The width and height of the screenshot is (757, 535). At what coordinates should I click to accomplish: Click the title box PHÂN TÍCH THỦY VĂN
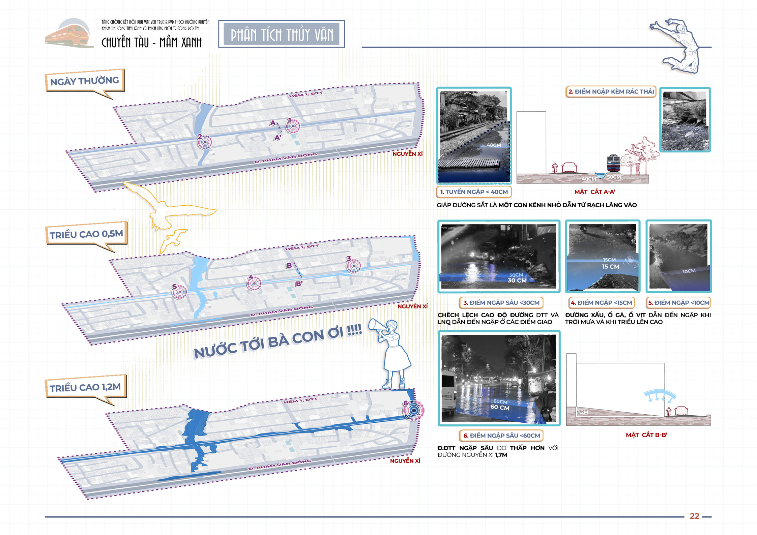point(281,34)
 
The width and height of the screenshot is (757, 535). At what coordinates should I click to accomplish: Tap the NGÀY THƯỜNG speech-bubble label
point(85,81)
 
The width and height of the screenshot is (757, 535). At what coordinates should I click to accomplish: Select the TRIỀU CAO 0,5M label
point(86,234)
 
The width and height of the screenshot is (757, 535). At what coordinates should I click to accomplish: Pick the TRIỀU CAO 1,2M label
point(85,387)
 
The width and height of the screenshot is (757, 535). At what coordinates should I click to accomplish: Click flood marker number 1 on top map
point(293,126)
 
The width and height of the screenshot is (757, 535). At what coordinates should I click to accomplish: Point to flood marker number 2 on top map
point(205,142)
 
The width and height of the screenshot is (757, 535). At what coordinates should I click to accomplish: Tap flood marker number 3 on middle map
point(354,266)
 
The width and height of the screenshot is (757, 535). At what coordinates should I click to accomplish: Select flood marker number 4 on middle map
point(254,283)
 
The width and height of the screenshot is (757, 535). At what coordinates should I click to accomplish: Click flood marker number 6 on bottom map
point(413,410)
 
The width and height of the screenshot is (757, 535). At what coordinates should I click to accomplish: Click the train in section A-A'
point(613,164)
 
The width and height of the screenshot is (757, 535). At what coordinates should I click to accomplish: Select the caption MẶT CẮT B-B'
point(646,435)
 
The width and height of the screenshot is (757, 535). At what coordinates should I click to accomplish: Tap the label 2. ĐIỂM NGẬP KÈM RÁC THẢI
point(611,92)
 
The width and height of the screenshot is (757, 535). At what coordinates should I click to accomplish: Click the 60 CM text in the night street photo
point(500,407)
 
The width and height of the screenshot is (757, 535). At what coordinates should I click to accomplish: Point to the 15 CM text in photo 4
point(610,267)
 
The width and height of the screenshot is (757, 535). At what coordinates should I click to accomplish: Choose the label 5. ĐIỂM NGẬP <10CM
point(678,303)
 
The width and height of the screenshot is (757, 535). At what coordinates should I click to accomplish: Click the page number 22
point(694,516)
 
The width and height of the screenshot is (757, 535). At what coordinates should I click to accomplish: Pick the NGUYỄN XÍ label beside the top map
point(407,154)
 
